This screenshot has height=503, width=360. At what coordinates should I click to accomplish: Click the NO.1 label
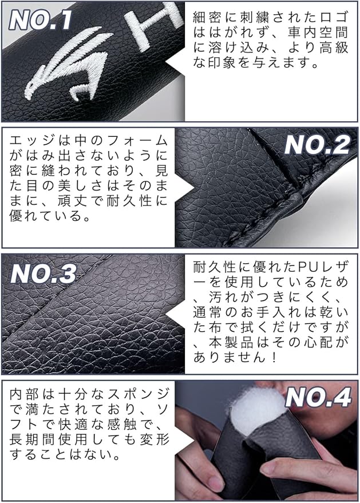pyautogui.click(x=40, y=20)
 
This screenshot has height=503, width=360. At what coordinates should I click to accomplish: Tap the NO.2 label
pyautogui.click(x=317, y=145)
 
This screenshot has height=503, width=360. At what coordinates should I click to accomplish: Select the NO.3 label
pyautogui.click(x=43, y=274)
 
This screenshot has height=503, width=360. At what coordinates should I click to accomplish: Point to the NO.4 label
pyautogui.click(x=318, y=397)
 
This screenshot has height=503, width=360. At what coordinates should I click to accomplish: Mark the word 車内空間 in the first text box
pyautogui.click(x=318, y=33)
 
